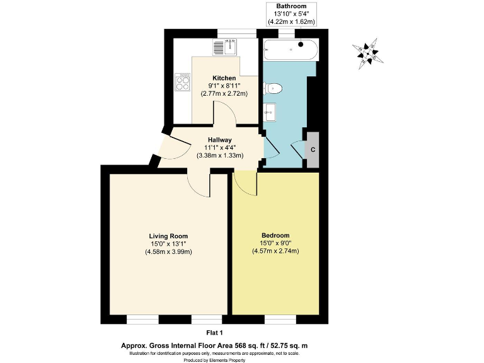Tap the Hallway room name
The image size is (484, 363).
220,140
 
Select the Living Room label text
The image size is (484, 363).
168,236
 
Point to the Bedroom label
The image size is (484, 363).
274,235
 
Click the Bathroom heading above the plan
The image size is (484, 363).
291,6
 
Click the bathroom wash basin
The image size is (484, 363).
269,112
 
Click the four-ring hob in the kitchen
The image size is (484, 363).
183,82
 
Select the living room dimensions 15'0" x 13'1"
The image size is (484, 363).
168,244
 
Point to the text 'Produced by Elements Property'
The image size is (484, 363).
215,360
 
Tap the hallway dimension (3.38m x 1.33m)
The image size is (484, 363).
220,155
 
